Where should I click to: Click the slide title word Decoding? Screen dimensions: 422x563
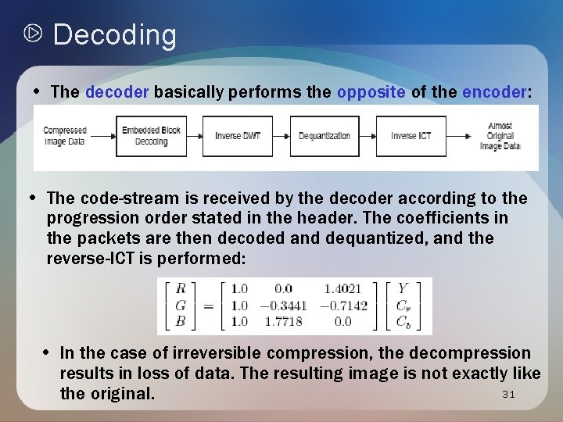coord(114,35)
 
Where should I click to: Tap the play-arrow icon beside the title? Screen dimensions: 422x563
coord(33,34)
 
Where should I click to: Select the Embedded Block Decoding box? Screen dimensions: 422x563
coord(151,136)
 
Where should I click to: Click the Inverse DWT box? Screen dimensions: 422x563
coord(238,136)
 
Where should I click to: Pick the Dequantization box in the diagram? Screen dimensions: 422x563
coord(325,136)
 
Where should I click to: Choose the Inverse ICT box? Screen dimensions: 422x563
coord(411,136)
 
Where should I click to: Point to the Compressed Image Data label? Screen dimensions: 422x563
coord(64,136)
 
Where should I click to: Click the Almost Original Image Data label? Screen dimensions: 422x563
coord(500,136)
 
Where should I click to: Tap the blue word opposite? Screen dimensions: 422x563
coord(371,92)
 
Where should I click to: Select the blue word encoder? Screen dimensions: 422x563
coord(494,92)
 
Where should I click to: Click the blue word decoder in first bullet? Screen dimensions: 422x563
coord(117,92)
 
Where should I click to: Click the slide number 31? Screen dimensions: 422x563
coord(508,395)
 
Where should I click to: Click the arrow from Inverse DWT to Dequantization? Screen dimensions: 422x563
coord(281,136)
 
